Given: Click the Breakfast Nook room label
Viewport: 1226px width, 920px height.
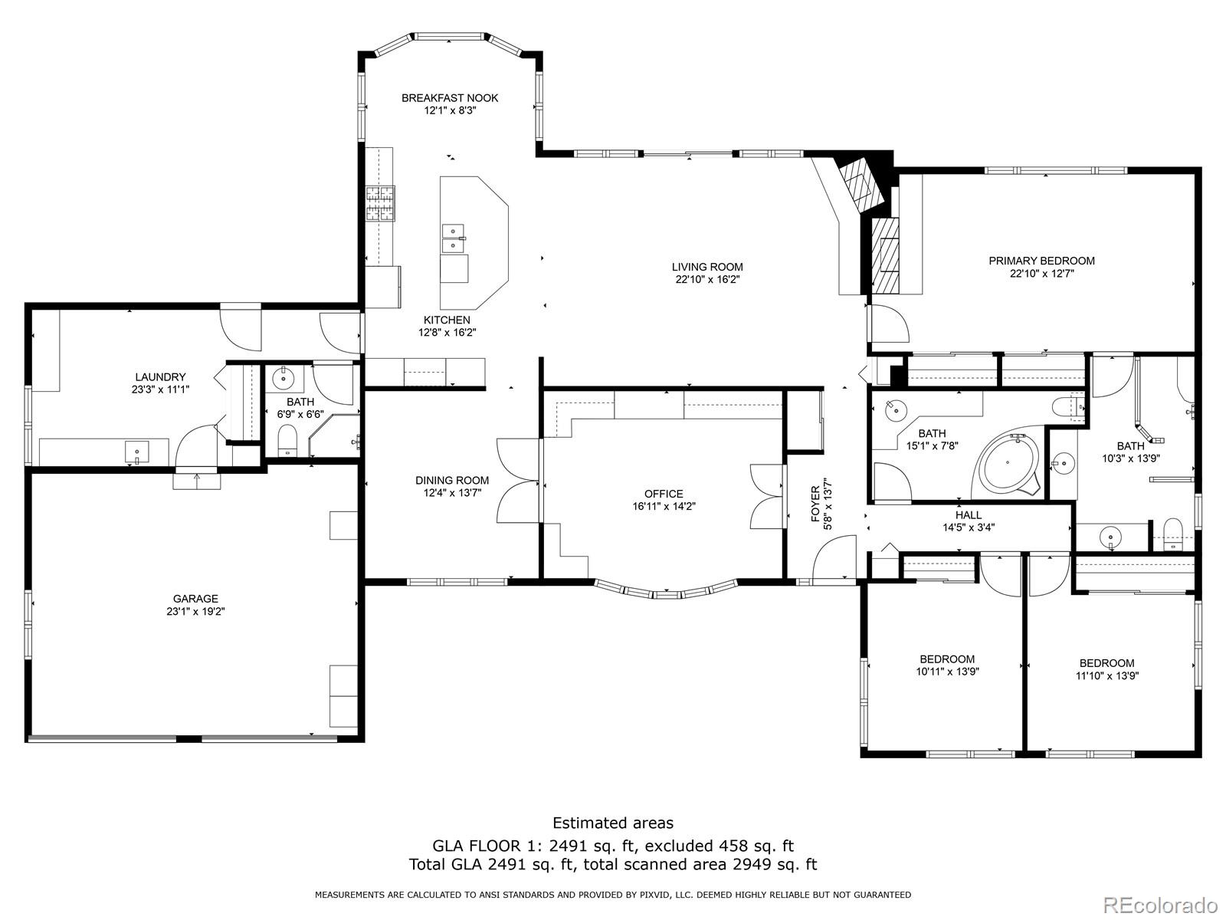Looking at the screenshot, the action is [x=450, y=98].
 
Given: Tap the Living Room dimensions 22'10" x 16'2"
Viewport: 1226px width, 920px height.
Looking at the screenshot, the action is [x=707, y=279].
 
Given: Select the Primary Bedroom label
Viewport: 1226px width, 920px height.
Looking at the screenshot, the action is [x=1041, y=261].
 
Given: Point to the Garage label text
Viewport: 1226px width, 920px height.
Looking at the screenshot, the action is [x=195, y=599].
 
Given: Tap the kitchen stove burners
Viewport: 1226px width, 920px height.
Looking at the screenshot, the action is [x=380, y=203].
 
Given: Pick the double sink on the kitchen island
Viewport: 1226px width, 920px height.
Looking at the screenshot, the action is [x=454, y=238].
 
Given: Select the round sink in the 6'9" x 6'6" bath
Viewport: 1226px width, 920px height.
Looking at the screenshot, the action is [x=284, y=379].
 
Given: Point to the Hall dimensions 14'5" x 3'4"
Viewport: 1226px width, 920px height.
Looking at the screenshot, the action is [x=969, y=527].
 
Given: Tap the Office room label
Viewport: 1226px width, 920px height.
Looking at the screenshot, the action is [x=664, y=494].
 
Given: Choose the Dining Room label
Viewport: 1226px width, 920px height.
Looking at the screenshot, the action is [x=452, y=481].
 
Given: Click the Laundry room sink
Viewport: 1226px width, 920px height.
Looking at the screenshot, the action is [x=137, y=452].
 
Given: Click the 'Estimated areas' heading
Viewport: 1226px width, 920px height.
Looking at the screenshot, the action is [x=613, y=823].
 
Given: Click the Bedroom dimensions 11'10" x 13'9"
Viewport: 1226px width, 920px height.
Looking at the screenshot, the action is [x=1107, y=676].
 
